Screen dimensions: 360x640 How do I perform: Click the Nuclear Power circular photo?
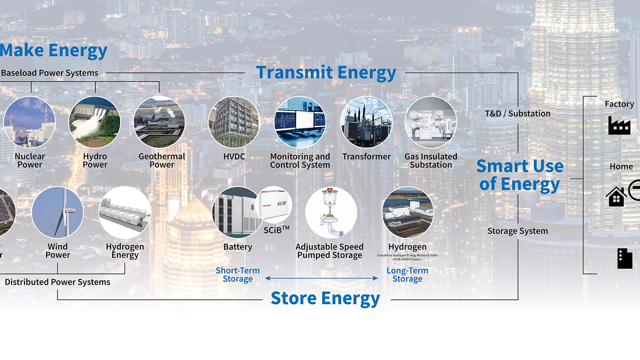pyautogui.click(x=30, y=122)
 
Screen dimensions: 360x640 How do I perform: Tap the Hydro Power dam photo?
pyautogui.click(x=95, y=122)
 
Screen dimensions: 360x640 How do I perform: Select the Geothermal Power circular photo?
pyautogui.click(x=159, y=122)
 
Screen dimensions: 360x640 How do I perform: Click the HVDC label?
pyautogui.click(x=234, y=157)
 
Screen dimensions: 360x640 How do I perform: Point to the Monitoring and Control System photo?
pyautogui.click(x=300, y=122)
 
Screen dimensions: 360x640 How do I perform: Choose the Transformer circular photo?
pyautogui.click(x=366, y=122)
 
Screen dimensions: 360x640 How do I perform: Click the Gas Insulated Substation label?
pyautogui.click(x=431, y=161)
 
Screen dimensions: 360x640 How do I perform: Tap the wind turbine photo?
pyautogui.click(x=58, y=212)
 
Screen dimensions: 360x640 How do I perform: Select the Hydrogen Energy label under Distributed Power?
pyautogui.click(x=125, y=251)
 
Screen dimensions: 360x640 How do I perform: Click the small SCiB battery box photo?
pyautogui.click(x=274, y=204)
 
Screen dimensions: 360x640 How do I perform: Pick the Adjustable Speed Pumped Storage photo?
pyautogui.click(x=331, y=212)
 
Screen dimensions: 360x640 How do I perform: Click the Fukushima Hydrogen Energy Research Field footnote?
pyautogui.click(x=407, y=257)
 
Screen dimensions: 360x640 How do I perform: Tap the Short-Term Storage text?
pyautogui.click(x=237, y=275)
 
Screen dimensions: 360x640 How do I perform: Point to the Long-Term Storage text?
pyautogui.click(x=407, y=275)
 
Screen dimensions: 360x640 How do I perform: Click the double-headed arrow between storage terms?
pyautogui.click(x=321, y=278)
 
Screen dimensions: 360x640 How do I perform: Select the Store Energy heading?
pyautogui.click(x=325, y=298)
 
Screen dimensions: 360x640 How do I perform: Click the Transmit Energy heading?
pyautogui.click(x=326, y=73)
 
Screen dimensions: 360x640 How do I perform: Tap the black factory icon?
pyautogui.click(x=619, y=125)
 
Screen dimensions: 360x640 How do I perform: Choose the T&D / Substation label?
pyautogui.click(x=517, y=114)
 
